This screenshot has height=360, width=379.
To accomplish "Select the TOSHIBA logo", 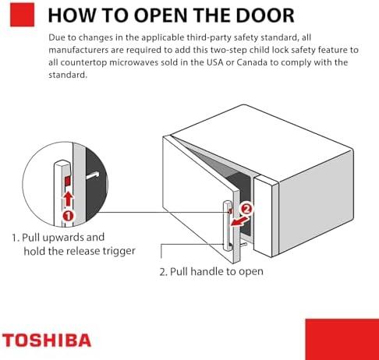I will [x=46, y=340].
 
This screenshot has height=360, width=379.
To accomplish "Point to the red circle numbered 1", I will [x=67, y=214].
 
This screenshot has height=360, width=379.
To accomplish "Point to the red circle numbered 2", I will [x=246, y=209].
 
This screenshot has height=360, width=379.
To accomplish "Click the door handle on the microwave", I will [x=227, y=226].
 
